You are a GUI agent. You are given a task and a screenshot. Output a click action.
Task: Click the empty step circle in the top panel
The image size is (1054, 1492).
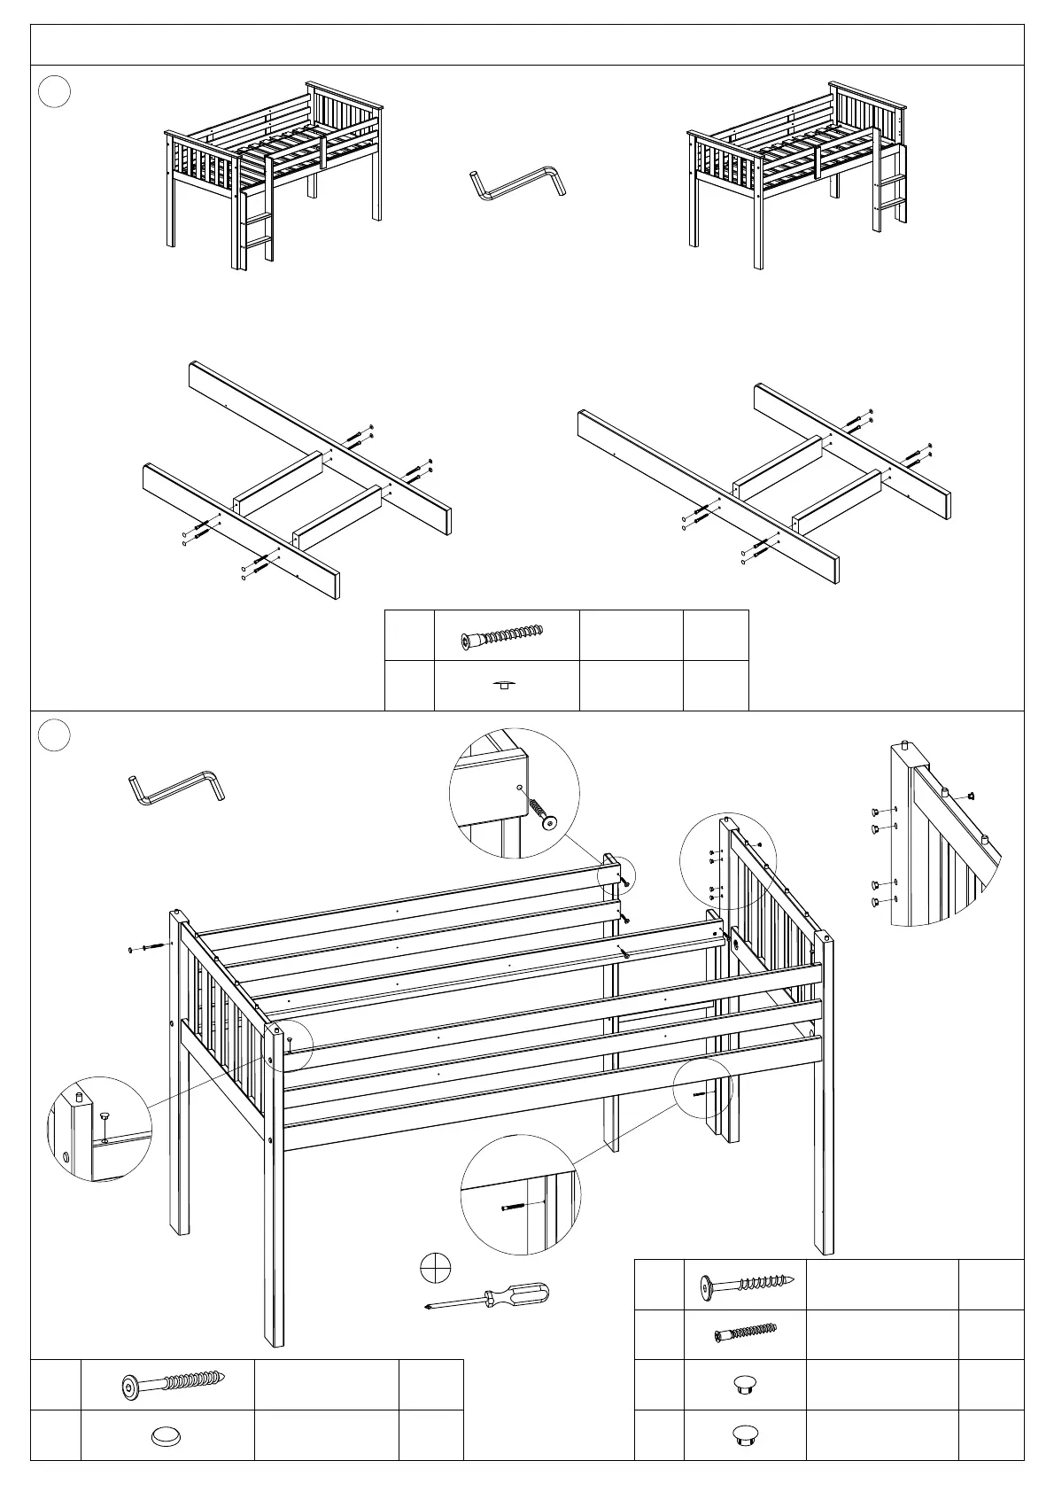[x=55, y=92]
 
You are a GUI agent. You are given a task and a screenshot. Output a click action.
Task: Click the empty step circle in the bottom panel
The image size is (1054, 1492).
[x=55, y=736]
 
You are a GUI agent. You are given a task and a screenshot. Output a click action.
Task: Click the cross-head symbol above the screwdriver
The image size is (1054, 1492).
[x=436, y=1268]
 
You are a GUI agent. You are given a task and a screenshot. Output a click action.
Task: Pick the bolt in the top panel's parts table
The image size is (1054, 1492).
[x=502, y=636]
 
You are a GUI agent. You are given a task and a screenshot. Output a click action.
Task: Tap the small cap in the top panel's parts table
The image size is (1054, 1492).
[x=505, y=685]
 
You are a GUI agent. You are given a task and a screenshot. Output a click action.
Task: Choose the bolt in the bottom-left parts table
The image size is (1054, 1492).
[x=173, y=1384]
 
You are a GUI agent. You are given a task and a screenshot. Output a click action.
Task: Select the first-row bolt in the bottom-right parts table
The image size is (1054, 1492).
[x=746, y=1285]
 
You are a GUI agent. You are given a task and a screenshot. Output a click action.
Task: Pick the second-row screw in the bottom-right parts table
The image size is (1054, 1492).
[x=746, y=1333]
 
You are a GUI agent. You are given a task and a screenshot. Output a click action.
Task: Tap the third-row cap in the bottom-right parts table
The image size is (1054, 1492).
[x=745, y=1385]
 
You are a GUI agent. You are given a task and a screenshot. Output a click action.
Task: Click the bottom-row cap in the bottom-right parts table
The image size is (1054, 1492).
[x=745, y=1434]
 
